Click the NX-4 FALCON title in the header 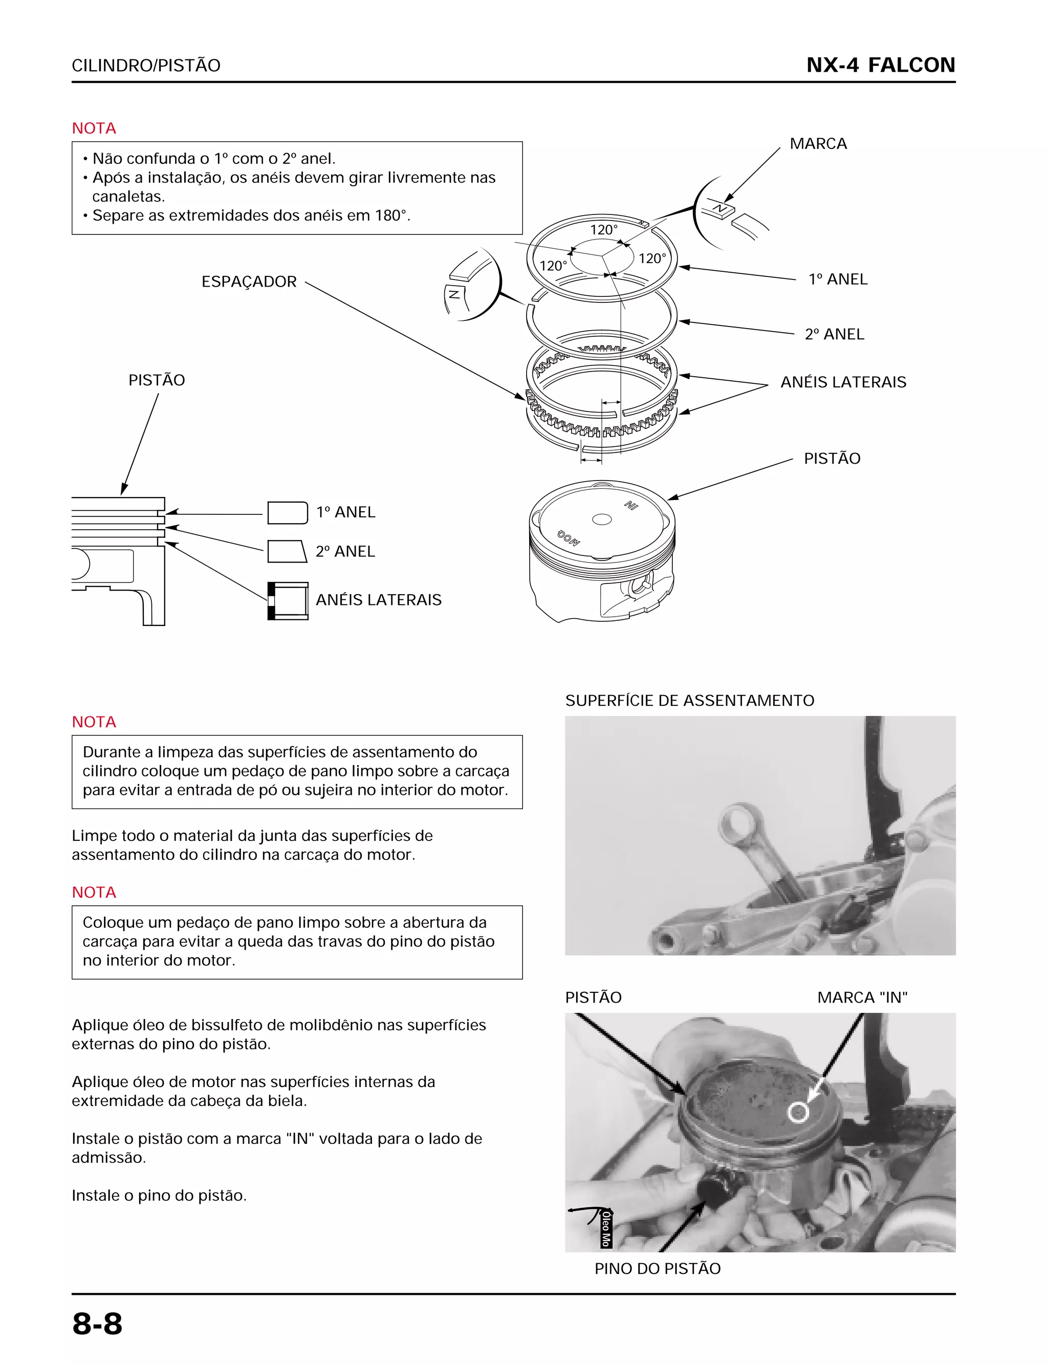click(880, 65)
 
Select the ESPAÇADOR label click(249, 281)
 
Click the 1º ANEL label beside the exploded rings click(837, 279)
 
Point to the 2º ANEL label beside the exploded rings click(834, 334)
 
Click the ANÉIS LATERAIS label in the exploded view click(843, 382)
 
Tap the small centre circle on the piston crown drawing click(601, 519)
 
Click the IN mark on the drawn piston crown click(631, 505)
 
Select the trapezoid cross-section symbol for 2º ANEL click(287, 552)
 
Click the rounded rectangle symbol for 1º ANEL click(287, 512)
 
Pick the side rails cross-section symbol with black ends click(288, 601)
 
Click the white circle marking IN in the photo click(798, 1112)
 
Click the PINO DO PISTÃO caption click(657, 1268)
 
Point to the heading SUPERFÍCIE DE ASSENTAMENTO click(689, 701)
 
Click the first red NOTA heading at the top click(94, 128)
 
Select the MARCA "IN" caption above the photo click(862, 998)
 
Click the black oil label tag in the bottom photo click(606, 1228)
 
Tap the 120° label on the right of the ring click(652, 258)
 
